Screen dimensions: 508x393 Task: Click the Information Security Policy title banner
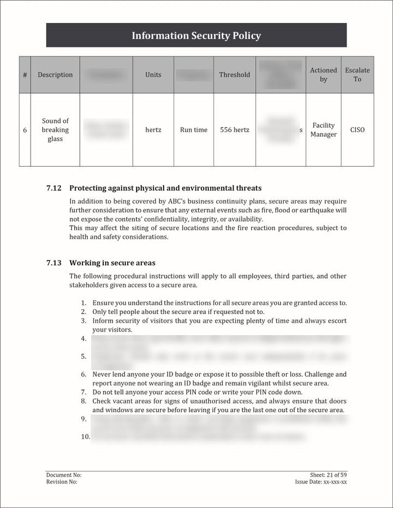tap(196, 36)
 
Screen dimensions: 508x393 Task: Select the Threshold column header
tap(235, 75)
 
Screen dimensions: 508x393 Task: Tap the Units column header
tap(153, 75)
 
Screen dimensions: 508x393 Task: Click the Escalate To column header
tap(358, 75)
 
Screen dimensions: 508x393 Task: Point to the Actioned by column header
tap(324, 75)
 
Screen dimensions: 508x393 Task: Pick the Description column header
tap(55, 75)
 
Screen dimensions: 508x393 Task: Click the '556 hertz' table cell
tap(235, 130)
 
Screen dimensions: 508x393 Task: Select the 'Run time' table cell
tap(194, 130)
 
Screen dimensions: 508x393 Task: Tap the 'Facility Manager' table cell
tap(324, 130)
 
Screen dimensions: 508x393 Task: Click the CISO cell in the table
tap(358, 130)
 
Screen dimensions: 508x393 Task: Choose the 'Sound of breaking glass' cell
tap(55, 130)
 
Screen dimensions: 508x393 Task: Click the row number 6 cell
tap(25, 130)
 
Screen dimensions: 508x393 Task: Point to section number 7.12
tap(53, 188)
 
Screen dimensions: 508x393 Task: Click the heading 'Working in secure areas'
tap(112, 263)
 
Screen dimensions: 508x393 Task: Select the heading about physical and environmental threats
tap(165, 188)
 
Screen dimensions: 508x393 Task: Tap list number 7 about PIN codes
tap(83, 392)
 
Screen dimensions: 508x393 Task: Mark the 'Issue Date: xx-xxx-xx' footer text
tap(321, 482)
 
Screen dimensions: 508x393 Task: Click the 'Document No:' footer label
tap(64, 475)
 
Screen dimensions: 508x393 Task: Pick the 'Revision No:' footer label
tap(62, 482)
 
